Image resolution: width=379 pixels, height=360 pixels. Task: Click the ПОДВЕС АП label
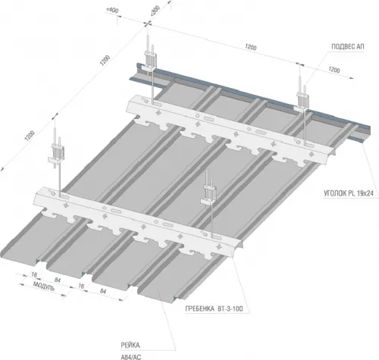pyautogui.click(x=348, y=47)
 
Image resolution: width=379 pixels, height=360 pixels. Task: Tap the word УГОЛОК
pyautogui.click(x=335, y=194)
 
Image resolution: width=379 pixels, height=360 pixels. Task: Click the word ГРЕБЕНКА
pyautogui.click(x=200, y=308)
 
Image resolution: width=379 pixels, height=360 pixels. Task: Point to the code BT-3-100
pyautogui.click(x=230, y=308)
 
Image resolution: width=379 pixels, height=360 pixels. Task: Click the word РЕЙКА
pyautogui.click(x=130, y=345)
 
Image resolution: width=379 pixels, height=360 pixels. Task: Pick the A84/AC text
pyautogui.click(x=131, y=357)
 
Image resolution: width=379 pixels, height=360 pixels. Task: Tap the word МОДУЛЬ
pyautogui.click(x=44, y=286)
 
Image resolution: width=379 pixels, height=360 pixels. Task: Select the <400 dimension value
pyautogui.click(x=112, y=11)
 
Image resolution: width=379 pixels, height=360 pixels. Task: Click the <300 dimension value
pyautogui.click(x=155, y=11)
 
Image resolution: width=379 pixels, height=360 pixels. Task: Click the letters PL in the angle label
pyautogui.click(x=352, y=194)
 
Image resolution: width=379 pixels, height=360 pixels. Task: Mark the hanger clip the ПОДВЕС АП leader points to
pyautogui.click(x=302, y=102)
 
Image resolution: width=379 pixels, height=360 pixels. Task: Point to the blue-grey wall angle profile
pyautogui.click(x=250, y=99)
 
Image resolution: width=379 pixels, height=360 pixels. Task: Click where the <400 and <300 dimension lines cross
pyautogui.click(x=147, y=23)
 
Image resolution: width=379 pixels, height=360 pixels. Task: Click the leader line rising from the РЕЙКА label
pyautogui.click(x=167, y=319)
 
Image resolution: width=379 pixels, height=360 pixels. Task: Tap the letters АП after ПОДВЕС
pyautogui.click(x=360, y=47)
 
